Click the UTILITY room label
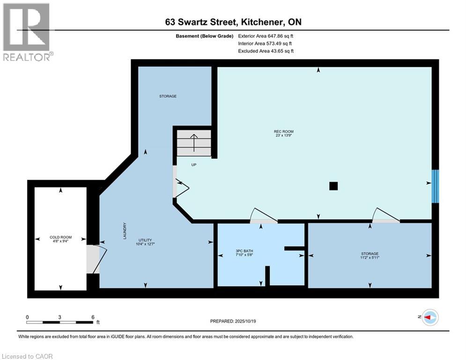[x=145, y=241]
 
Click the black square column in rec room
[x=333, y=186]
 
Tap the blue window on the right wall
[x=436, y=186]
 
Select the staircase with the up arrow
[x=193, y=142]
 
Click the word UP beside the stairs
[x=193, y=165]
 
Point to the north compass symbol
[x=429, y=317]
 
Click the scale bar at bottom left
[x=59, y=322]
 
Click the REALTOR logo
[x=27, y=32]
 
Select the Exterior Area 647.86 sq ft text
[x=266, y=36]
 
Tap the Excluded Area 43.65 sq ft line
[x=266, y=51]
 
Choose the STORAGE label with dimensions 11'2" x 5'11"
[x=370, y=255]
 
